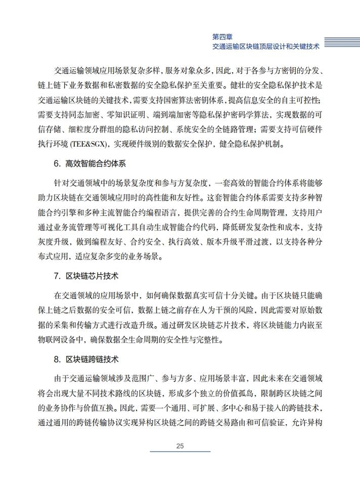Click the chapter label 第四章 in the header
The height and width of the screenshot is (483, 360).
coord(222,36)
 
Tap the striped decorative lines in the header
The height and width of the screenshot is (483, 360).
coord(341,42)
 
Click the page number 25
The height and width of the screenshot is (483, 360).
coord(180,446)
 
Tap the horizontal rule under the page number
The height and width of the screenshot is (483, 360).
coord(180,452)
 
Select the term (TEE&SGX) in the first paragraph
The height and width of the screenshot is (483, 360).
coord(84,144)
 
